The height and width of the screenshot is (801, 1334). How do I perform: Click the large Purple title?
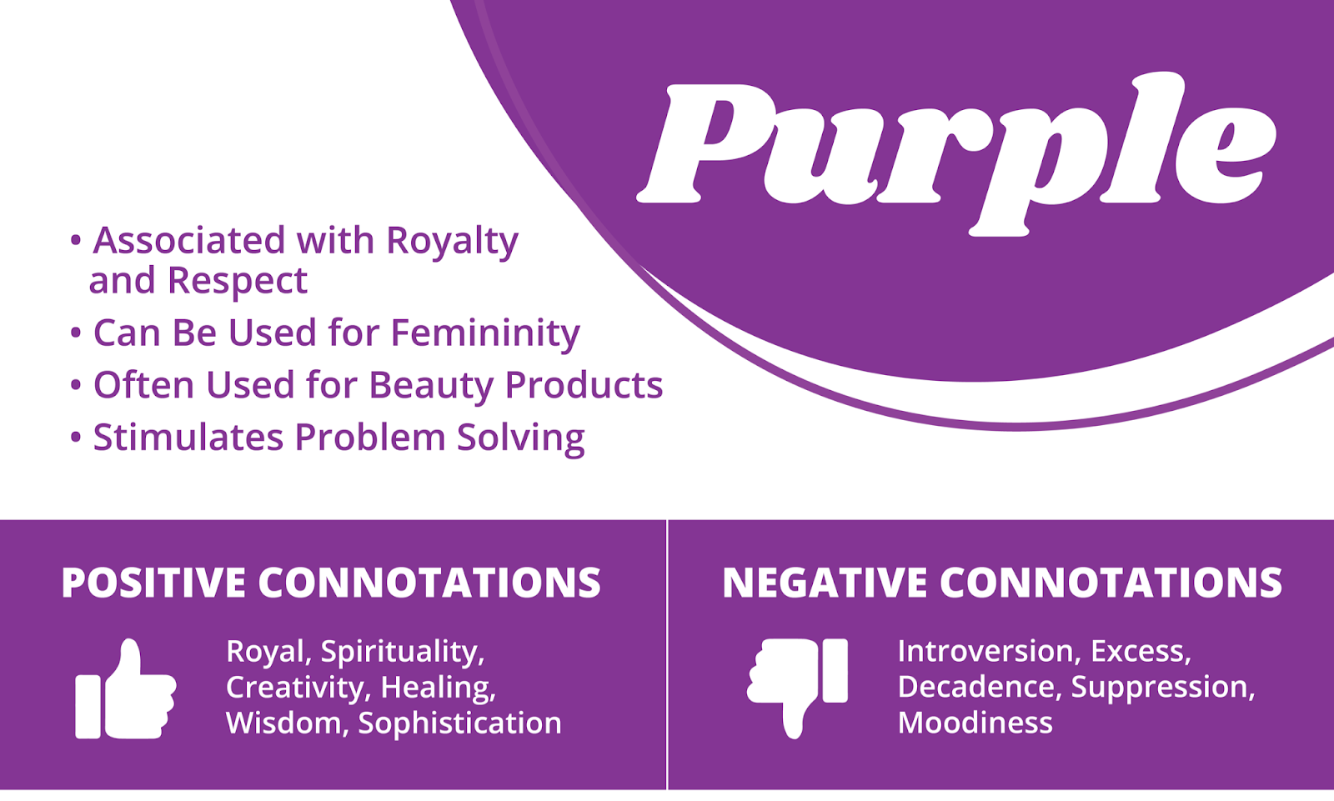click(955, 153)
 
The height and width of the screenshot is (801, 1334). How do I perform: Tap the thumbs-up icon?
click(126, 689)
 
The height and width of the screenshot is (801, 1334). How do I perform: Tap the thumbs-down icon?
click(797, 689)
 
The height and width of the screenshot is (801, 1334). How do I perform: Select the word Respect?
click(238, 282)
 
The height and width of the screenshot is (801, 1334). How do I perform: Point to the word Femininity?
click(485, 333)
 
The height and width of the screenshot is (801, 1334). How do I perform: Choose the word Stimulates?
click(188, 437)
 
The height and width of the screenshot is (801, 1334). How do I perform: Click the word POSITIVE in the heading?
click(153, 583)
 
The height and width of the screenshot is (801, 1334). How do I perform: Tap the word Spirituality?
click(403, 653)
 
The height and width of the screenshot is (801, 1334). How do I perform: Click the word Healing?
click(439, 688)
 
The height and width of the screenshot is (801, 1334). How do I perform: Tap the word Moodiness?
click(975, 723)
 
